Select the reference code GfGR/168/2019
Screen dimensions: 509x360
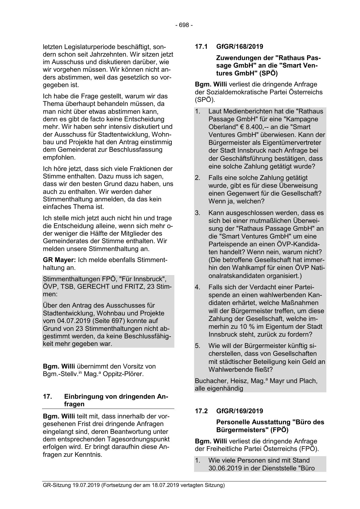(x=240, y=46)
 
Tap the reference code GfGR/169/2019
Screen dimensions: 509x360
(x=240, y=411)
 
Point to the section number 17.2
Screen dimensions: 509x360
(x=201, y=411)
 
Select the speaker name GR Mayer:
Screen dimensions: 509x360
(x=59, y=260)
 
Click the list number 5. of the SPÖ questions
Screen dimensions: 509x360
(x=198, y=346)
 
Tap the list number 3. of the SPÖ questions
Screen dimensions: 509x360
(x=198, y=213)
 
